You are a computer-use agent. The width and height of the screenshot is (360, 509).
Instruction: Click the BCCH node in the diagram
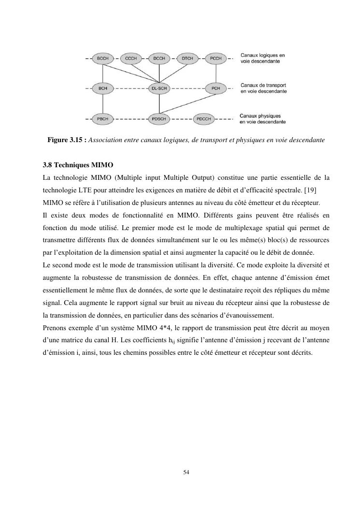(x=102, y=58)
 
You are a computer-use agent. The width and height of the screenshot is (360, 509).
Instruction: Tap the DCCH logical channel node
(x=159, y=58)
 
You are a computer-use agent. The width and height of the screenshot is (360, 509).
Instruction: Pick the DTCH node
(x=187, y=58)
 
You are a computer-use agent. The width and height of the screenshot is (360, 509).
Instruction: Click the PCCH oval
(x=216, y=58)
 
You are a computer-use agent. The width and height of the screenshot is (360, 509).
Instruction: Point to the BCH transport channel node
(x=102, y=88)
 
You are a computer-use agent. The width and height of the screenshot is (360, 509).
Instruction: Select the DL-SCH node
(x=159, y=88)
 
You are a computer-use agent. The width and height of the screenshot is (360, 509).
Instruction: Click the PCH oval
(x=216, y=88)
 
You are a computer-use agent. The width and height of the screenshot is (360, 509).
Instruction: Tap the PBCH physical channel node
(x=102, y=118)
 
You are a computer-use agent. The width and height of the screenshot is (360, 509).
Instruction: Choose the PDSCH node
(x=159, y=118)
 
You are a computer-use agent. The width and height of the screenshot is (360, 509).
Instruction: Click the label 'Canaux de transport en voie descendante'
(x=263, y=88)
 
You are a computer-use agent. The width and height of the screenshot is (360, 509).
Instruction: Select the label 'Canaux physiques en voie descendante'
(x=262, y=119)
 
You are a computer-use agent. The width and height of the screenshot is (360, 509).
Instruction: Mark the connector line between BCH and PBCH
(x=102, y=103)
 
